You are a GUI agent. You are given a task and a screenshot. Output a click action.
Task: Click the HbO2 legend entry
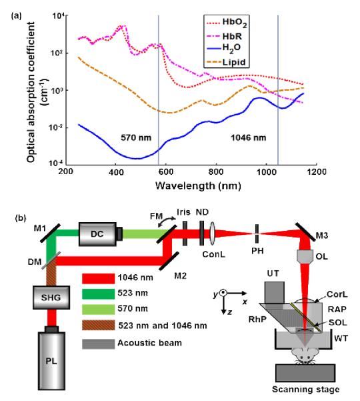[227, 23]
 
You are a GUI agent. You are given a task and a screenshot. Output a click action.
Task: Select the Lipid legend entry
[226, 62]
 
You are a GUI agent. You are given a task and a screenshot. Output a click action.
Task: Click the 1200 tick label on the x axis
[317, 171]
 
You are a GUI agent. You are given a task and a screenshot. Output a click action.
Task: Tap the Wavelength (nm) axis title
[198, 185]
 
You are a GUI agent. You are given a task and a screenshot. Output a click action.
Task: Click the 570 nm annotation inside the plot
[136, 138]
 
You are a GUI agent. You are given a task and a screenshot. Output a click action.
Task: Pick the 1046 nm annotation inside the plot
[249, 138]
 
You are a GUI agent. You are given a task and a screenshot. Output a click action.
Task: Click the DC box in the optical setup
[97, 234]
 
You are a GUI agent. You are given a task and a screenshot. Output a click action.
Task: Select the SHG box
[51, 298]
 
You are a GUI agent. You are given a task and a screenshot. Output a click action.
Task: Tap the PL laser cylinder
[51, 360]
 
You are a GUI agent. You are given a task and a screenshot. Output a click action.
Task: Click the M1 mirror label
[40, 228]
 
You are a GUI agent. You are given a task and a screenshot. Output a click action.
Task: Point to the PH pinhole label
[257, 251]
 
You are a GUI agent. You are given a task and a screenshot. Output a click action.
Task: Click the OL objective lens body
[305, 256]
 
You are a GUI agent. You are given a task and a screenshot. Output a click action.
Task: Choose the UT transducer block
[275, 293]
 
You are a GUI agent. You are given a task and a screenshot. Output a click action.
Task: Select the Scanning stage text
[305, 390]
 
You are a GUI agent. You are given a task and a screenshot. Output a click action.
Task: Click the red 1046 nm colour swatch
[99, 278]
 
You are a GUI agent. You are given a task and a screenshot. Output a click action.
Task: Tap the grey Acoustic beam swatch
[99, 344]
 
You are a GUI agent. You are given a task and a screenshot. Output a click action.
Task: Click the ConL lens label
[213, 254]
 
